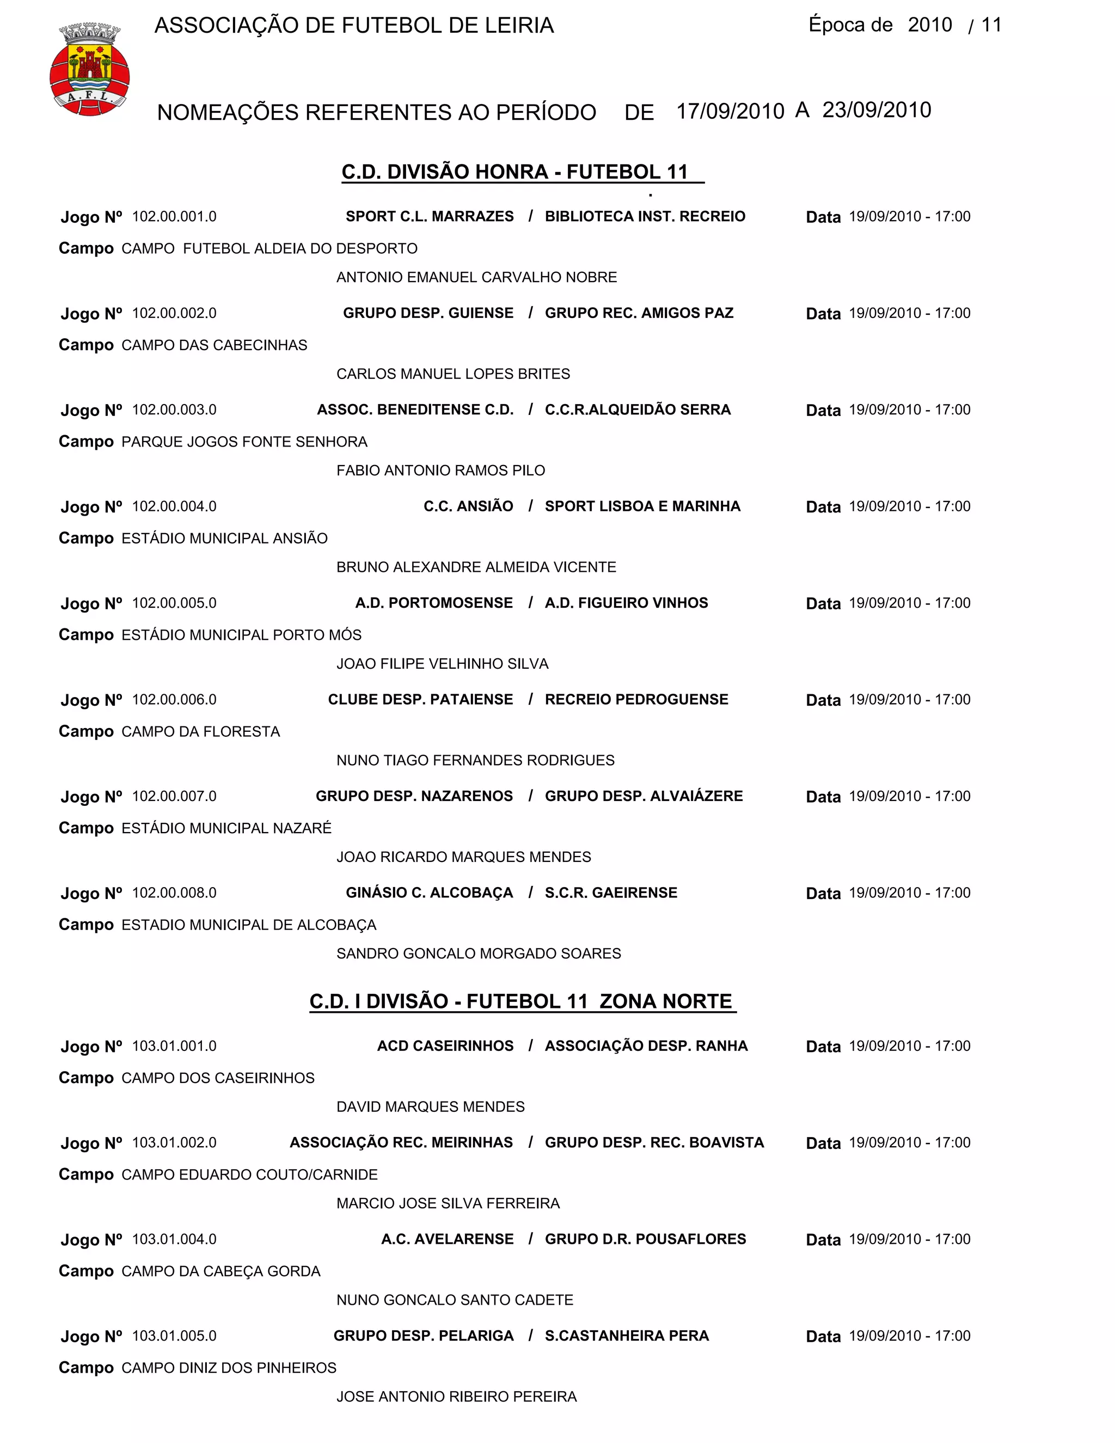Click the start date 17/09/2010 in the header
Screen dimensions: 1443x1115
[x=730, y=111]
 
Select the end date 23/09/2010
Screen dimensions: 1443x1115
[x=877, y=109]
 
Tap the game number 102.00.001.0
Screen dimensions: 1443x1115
[x=174, y=217]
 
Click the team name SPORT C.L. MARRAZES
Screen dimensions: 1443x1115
[x=430, y=217]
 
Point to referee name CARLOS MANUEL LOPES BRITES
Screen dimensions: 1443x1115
[x=453, y=374]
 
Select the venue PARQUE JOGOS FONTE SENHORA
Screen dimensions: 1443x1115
[x=244, y=442]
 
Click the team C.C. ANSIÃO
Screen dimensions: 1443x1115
[x=468, y=506]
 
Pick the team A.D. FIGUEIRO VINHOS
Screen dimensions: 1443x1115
[x=626, y=603]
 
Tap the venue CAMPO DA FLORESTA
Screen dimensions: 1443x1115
[x=201, y=731]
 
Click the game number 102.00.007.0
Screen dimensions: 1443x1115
[x=174, y=796]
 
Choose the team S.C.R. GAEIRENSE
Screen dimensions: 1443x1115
[x=611, y=892]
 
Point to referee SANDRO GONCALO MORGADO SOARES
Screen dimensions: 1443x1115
[x=479, y=953]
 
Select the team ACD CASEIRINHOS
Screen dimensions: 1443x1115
[x=445, y=1046]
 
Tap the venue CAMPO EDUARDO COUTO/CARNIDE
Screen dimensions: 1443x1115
[x=250, y=1175]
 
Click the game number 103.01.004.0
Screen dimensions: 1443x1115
[x=174, y=1239]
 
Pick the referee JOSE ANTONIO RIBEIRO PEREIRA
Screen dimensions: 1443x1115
[x=456, y=1397]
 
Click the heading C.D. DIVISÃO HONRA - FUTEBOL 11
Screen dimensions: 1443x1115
[x=515, y=172]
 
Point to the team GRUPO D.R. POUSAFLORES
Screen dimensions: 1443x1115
[x=645, y=1239]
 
